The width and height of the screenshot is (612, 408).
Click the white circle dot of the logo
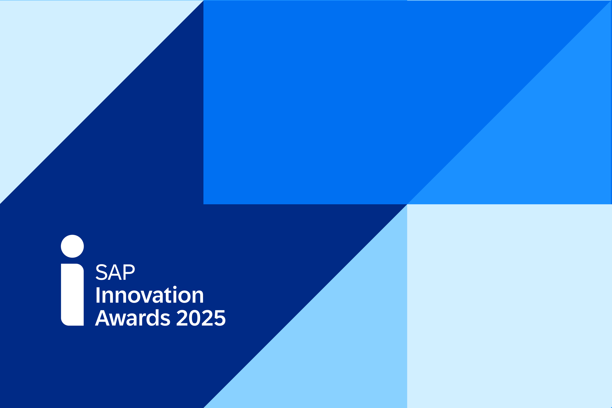72,246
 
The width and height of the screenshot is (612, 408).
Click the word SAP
115,272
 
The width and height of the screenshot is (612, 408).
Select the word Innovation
150,295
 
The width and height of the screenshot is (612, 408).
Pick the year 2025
201,318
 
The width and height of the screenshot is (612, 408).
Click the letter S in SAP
102,272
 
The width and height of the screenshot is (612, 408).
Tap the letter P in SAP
129,272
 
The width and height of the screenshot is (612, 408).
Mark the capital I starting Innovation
98,295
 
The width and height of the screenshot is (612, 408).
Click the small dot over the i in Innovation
175,287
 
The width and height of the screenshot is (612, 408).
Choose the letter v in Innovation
146,297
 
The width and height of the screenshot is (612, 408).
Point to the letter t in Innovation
168,296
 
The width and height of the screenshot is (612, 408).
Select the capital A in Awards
102,318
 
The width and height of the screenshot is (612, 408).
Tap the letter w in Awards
118,320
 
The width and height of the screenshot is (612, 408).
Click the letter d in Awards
153,318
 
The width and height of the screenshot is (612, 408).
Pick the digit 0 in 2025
195,318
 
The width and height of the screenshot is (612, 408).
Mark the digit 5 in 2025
220,318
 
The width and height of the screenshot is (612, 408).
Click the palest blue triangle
65,65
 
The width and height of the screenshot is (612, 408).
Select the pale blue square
509,306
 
